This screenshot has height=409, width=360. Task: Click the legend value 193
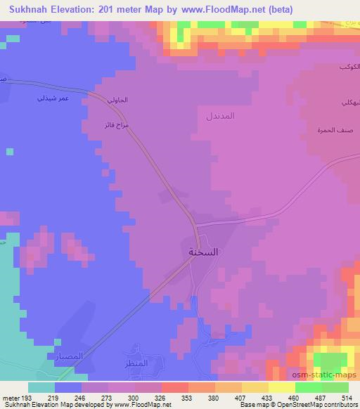[27, 397]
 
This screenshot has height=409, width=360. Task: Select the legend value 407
[240, 397]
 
